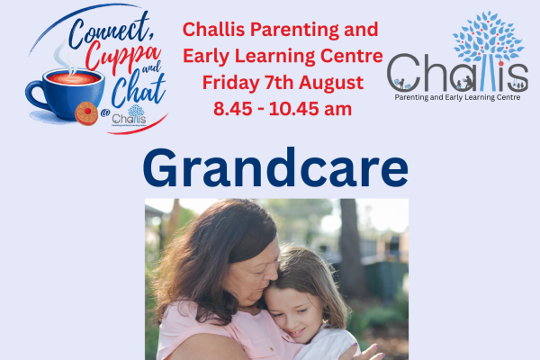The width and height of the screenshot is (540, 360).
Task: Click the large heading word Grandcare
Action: (x=275, y=167)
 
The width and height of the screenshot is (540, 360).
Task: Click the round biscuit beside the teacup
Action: (x=86, y=113)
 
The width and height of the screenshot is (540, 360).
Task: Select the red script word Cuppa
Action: (x=123, y=58)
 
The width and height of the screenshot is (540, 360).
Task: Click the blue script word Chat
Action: (x=139, y=90)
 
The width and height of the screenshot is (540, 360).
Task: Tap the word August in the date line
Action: (x=331, y=83)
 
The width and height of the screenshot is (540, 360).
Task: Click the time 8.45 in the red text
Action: (x=233, y=109)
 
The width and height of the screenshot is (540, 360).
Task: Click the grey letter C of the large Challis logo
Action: (x=403, y=73)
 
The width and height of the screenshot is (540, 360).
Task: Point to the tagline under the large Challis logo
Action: (x=457, y=97)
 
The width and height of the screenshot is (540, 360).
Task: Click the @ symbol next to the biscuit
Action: (x=105, y=112)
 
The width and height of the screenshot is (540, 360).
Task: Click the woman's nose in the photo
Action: (x=274, y=272)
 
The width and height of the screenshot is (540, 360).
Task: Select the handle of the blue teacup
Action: (x=35, y=94)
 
